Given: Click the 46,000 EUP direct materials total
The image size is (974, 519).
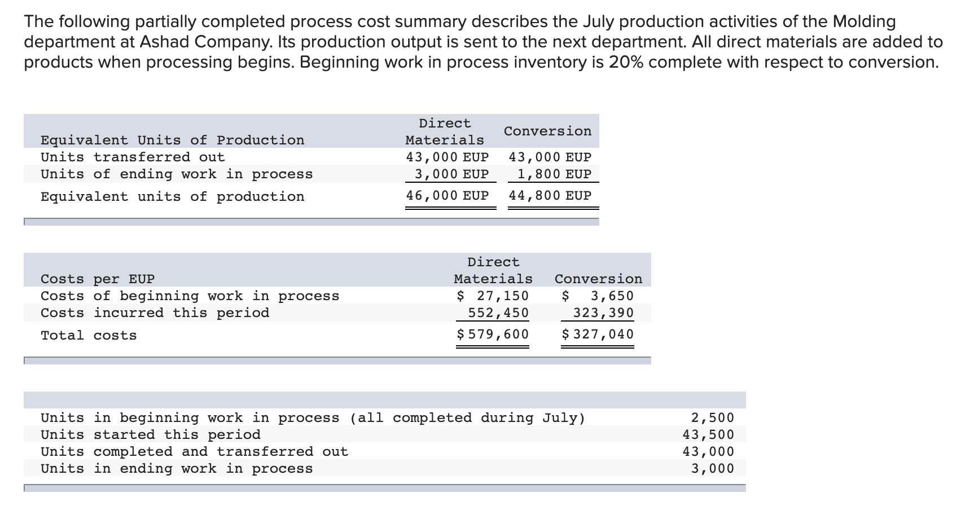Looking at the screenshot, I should [x=447, y=196].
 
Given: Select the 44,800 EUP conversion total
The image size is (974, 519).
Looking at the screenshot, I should [x=550, y=196].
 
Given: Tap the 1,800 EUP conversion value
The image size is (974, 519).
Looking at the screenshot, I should [x=554, y=174].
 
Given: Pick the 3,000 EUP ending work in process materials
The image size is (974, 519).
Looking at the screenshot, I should [x=451, y=174].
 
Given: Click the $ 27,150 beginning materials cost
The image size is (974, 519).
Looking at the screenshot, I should [x=493, y=296].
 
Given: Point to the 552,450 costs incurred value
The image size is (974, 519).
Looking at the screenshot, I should [x=498, y=313].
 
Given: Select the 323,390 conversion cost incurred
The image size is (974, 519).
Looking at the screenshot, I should [x=603, y=313].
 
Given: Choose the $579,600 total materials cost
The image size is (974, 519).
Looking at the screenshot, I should [x=493, y=335].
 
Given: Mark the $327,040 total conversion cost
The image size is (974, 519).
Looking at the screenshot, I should [x=598, y=335].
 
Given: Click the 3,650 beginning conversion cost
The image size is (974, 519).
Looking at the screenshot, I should [x=612, y=296].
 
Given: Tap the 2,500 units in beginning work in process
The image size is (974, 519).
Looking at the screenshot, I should [x=713, y=418].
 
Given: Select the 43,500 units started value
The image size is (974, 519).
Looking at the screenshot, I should [x=708, y=435].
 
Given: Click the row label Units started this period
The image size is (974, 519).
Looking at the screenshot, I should [x=151, y=435].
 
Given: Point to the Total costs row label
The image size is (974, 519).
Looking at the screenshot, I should [x=89, y=336].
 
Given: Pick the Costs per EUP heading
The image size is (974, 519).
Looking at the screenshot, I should [x=98, y=279].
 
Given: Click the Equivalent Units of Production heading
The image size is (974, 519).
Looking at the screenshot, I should [x=172, y=140].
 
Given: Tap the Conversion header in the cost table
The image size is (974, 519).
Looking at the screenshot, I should [x=598, y=279].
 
